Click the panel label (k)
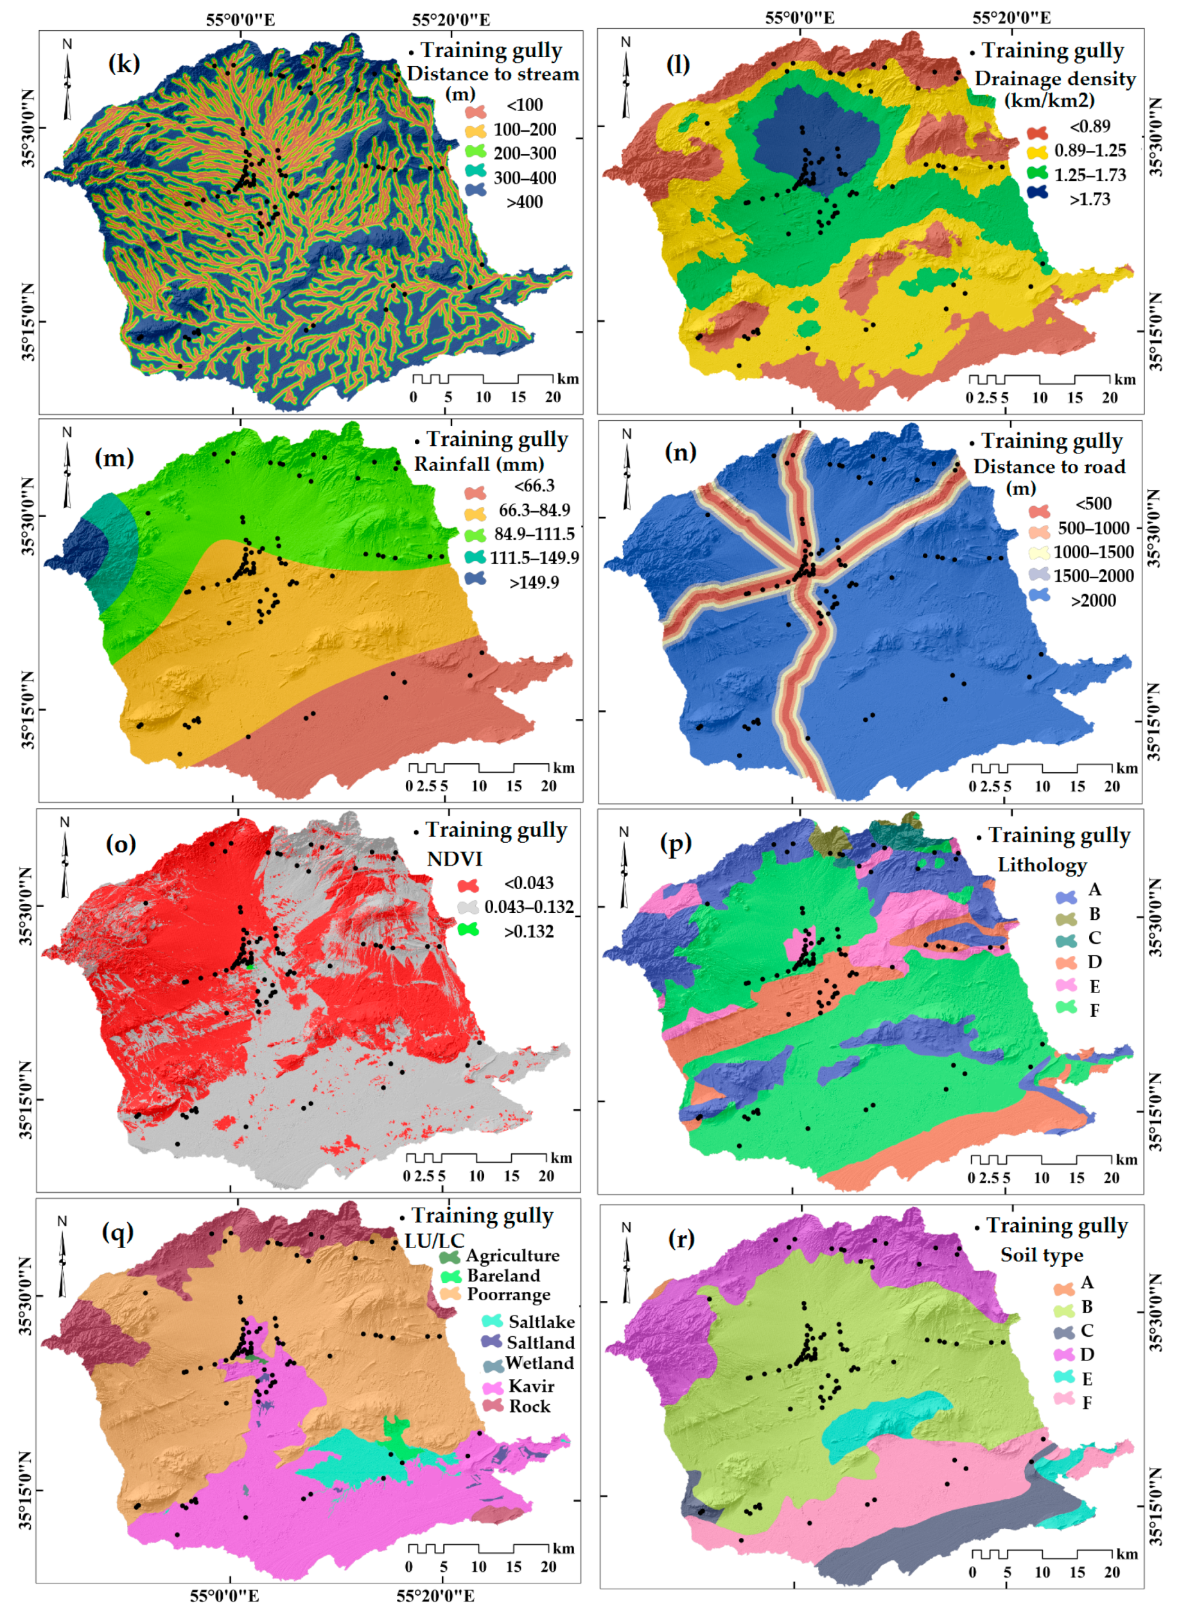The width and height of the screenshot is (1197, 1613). pos(124,64)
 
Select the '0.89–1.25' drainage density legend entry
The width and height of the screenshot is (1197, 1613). pos(1089,151)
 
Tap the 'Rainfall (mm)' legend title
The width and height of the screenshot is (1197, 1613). pos(479,464)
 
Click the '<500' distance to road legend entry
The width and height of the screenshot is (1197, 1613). pos(1093,504)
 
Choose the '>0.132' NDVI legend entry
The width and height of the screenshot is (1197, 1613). pos(529,932)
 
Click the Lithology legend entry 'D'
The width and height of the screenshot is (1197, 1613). pos(1094,962)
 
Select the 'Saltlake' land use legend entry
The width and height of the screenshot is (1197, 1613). pos(541,1322)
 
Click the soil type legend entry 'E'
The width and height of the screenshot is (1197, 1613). pos(1087,1379)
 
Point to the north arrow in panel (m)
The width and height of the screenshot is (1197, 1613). pos(67,468)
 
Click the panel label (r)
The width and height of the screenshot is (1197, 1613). pos(681,1238)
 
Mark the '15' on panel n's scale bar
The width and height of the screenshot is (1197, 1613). pos(1078,787)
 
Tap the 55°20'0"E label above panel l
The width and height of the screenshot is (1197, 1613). pos(1011,18)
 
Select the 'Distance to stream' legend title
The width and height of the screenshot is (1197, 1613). pos(493,74)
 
